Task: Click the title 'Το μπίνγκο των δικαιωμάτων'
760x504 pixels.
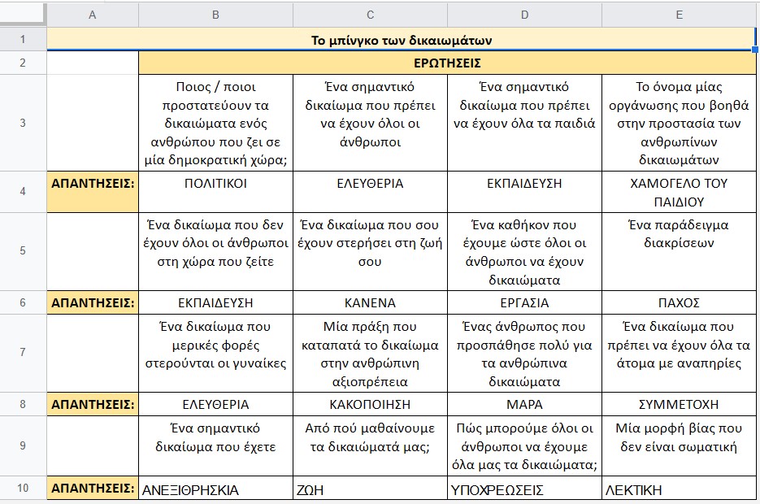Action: [402, 40]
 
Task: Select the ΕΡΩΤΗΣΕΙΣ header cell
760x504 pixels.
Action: [447, 63]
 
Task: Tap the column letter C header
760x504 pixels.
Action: [370, 15]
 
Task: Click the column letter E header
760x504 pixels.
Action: [679, 15]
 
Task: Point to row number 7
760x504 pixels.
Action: [23, 353]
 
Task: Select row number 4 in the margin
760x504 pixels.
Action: [23, 192]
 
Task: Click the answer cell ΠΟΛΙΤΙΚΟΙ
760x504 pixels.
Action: [215, 184]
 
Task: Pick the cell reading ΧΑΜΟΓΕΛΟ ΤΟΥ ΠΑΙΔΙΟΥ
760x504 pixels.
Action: [679, 192]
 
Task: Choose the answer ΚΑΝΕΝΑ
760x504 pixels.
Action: [370, 302]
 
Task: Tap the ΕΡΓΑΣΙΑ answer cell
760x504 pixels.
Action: [524, 302]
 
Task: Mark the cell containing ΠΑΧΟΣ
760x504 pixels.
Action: [679, 302]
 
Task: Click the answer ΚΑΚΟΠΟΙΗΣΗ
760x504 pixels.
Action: [370, 404]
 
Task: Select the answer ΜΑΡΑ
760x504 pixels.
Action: [524, 404]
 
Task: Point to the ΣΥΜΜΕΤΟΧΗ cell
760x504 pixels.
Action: [679, 404]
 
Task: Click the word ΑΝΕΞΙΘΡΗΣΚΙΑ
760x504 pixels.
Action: [190, 490]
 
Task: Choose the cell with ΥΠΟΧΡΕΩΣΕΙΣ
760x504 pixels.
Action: [497, 490]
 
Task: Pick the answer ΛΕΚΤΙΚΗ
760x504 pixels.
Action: [633, 490]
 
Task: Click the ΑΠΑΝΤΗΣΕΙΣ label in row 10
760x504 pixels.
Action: [93, 489]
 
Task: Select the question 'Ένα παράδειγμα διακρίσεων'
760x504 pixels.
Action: [679, 233]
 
